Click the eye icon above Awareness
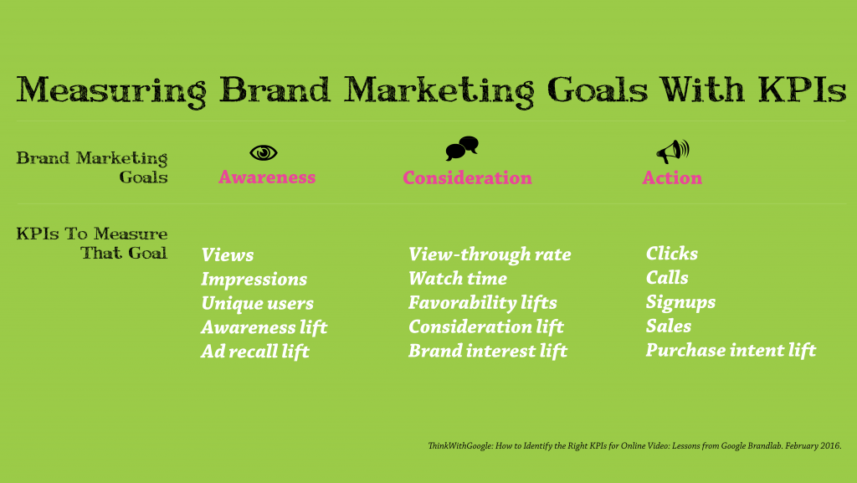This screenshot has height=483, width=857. (264, 152)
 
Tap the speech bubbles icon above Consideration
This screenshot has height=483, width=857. (462, 148)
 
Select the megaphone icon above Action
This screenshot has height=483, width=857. (673, 152)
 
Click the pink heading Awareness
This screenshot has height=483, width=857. (267, 177)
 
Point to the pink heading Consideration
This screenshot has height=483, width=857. (467, 177)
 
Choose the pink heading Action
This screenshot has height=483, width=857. (672, 177)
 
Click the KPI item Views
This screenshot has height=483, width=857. (228, 254)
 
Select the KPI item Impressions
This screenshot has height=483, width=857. (254, 280)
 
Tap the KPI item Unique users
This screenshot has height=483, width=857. (258, 303)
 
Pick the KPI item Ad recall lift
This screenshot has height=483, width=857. (255, 352)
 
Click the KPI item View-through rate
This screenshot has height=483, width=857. (490, 254)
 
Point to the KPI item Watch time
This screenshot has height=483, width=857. (458, 278)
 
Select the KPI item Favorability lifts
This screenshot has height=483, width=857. (483, 303)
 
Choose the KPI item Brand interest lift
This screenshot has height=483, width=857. (488, 351)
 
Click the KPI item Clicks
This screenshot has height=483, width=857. (672, 254)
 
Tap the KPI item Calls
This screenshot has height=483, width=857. (667, 278)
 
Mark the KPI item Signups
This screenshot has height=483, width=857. (680, 302)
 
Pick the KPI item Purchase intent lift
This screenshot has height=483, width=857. (731, 350)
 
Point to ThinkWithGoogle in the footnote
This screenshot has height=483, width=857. (460, 446)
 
